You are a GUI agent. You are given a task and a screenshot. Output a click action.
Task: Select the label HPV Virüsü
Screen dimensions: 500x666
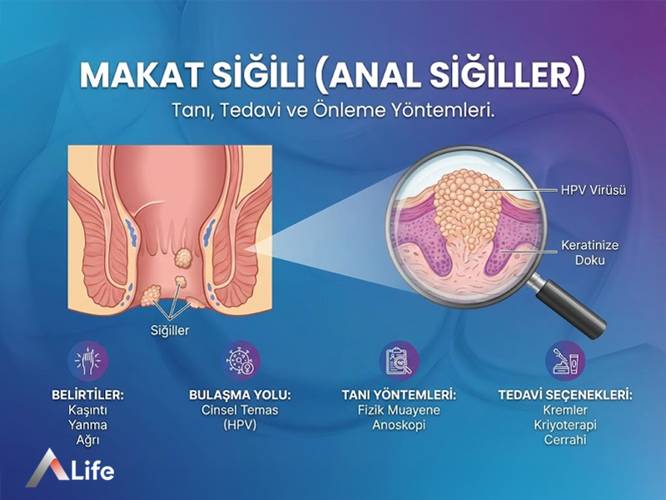(593, 190)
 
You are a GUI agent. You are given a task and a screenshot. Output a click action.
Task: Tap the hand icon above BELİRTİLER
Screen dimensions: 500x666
(88, 362)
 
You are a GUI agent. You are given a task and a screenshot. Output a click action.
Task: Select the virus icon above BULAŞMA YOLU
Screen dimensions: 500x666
(242, 362)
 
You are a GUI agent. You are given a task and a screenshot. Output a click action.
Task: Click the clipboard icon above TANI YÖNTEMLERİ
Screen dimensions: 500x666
(399, 362)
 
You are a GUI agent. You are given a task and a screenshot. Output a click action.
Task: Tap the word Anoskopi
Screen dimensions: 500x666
(399, 425)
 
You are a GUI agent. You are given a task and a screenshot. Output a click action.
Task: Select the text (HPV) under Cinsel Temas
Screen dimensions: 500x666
(242, 425)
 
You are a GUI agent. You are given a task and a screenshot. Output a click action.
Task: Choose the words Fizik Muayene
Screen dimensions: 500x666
(399, 411)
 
